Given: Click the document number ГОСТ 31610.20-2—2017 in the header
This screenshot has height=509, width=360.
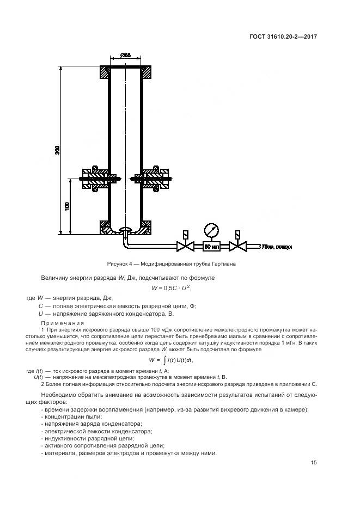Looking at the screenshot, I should click(x=284, y=36).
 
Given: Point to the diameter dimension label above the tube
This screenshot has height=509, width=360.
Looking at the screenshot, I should click(x=125, y=55).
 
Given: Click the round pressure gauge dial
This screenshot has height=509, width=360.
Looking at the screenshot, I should click(x=211, y=229).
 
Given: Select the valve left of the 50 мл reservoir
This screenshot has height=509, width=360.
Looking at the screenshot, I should click(x=186, y=247).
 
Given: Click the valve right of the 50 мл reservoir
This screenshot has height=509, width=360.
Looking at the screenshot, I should click(x=236, y=247).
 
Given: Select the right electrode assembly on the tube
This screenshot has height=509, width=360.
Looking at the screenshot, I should click(x=155, y=177).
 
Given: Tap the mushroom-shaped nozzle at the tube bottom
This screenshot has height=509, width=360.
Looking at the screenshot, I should click(x=125, y=229).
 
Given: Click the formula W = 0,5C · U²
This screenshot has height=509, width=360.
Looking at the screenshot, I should click(x=170, y=288).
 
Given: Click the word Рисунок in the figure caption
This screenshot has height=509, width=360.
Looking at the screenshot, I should click(x=119, y=264).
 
